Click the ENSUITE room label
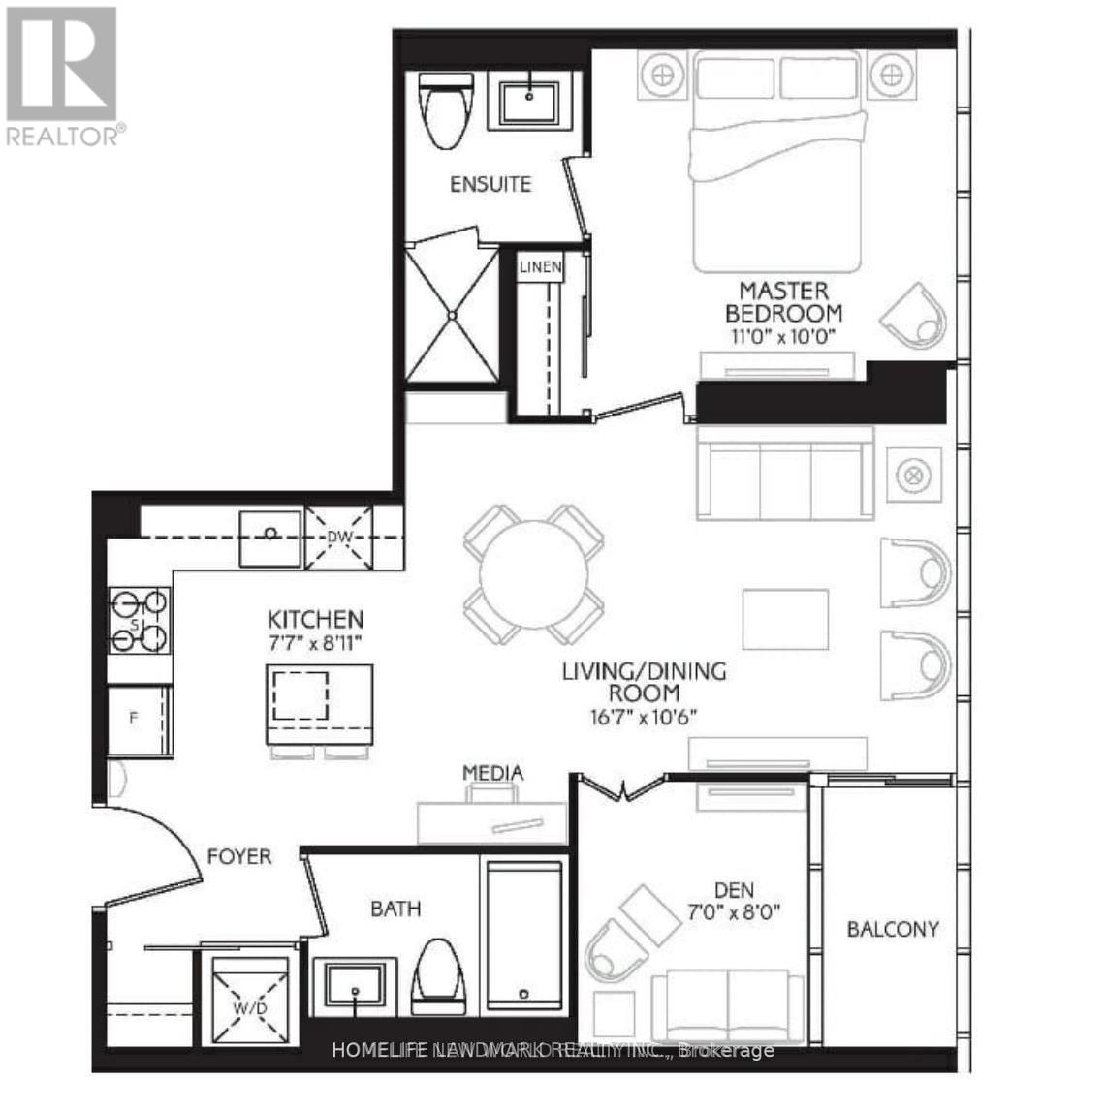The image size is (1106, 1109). pyautogui.click(x=490, y=184)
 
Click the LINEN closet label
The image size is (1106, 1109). pyautogui.click(x=540, y=266)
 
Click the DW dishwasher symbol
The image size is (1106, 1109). pyautogui.click(x=338, y=536)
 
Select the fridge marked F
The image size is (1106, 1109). pyautogui.click(x=139, y=720)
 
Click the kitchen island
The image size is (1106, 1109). pyautogui.click(x=320, y=704)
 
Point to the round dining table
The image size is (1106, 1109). pyautogui.click(x=534, y=574)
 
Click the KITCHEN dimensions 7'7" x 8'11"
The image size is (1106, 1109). pyautogui.click(x=316, y=641)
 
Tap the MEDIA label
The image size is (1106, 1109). pyautogui.click(x=492, y=772)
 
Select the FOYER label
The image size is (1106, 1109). pyautogui.click(x=239, y=856)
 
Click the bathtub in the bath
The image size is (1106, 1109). pyautogui.click(x=522, y=934)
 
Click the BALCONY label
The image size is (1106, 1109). pyautogui.click(x=893, y=929)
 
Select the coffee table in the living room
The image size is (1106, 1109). pyautogui.click(x=785, y=619)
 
